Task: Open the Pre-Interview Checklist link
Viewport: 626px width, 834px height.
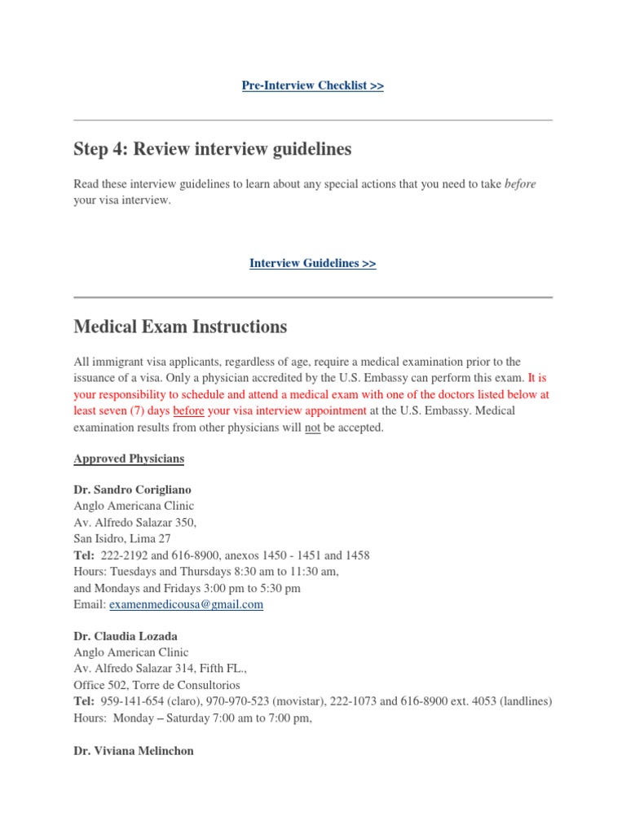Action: tap(312, 86)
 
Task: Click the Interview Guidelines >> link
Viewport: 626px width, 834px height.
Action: tap(312, 263)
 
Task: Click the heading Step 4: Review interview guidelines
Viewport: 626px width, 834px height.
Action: tap(212, 149)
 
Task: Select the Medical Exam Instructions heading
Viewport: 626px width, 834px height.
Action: tap(180, 327)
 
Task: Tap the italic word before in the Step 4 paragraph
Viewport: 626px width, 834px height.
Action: tap(520, 184)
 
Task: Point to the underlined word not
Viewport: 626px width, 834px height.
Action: tap(312, 428)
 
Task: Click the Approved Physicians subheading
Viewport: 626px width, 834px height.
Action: tap(129, 459)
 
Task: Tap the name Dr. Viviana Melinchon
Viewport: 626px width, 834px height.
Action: tap(134, 751)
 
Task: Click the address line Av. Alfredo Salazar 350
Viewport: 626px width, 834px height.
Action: tap(134, 522)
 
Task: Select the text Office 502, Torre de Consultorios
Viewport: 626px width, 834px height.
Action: tap(156, 685)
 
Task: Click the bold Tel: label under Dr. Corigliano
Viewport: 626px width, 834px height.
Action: tap(84, 555)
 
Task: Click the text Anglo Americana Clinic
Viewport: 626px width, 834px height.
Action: tap(134, 506)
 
